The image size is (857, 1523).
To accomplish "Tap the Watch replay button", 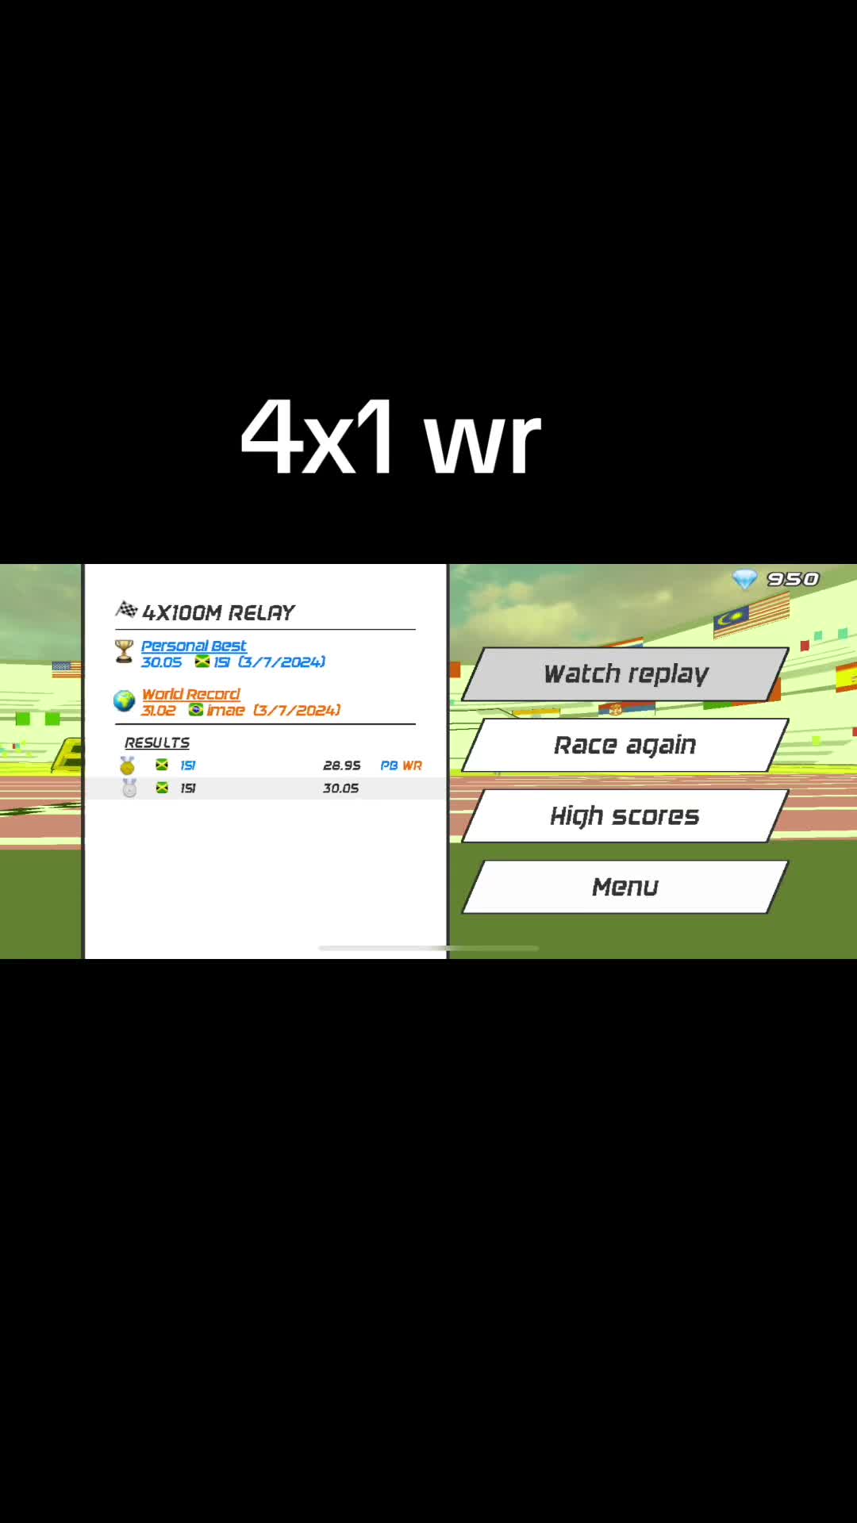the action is point(625,674).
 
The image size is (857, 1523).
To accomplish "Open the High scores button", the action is point(625,815).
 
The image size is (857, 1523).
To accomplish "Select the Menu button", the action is point(625,887).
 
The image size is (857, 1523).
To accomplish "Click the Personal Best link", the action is point(194,646).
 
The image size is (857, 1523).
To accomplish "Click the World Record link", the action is point(190,694).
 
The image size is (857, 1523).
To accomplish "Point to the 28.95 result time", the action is point(342,765).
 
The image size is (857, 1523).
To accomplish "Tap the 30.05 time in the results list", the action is point(341,788).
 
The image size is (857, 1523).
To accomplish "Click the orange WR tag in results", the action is point(412,765).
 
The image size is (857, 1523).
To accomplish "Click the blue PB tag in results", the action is point(389,765).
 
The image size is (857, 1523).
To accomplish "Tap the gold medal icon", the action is point(127,765).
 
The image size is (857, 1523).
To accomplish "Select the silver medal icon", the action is point(129,788).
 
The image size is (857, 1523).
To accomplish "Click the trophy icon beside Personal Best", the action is point(124,651).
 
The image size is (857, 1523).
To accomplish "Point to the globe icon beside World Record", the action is point(124,700).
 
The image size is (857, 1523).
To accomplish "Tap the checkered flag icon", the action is point(127,609).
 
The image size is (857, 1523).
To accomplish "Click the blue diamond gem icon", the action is point(744,580).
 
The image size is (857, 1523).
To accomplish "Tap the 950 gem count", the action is point(793,579).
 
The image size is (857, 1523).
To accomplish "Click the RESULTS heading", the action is point(157,742).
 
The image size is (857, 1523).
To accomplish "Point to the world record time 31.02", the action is point(159,711).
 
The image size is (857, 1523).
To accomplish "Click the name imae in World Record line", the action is point(226,711).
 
